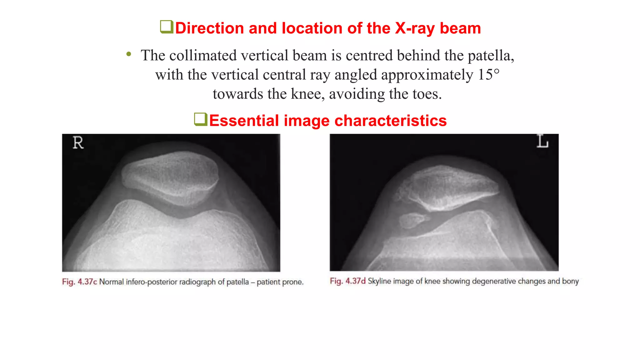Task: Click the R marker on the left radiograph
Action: click(78, 143)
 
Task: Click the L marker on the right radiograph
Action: click(542, 141)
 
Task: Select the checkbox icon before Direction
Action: click(167, 27)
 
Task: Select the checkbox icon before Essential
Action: click(201, 119)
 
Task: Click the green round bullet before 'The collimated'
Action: click(129, 54)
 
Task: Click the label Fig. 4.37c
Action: click(79, 282)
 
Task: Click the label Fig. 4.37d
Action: click(347, 281)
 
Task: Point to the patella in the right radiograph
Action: click(450, 187)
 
